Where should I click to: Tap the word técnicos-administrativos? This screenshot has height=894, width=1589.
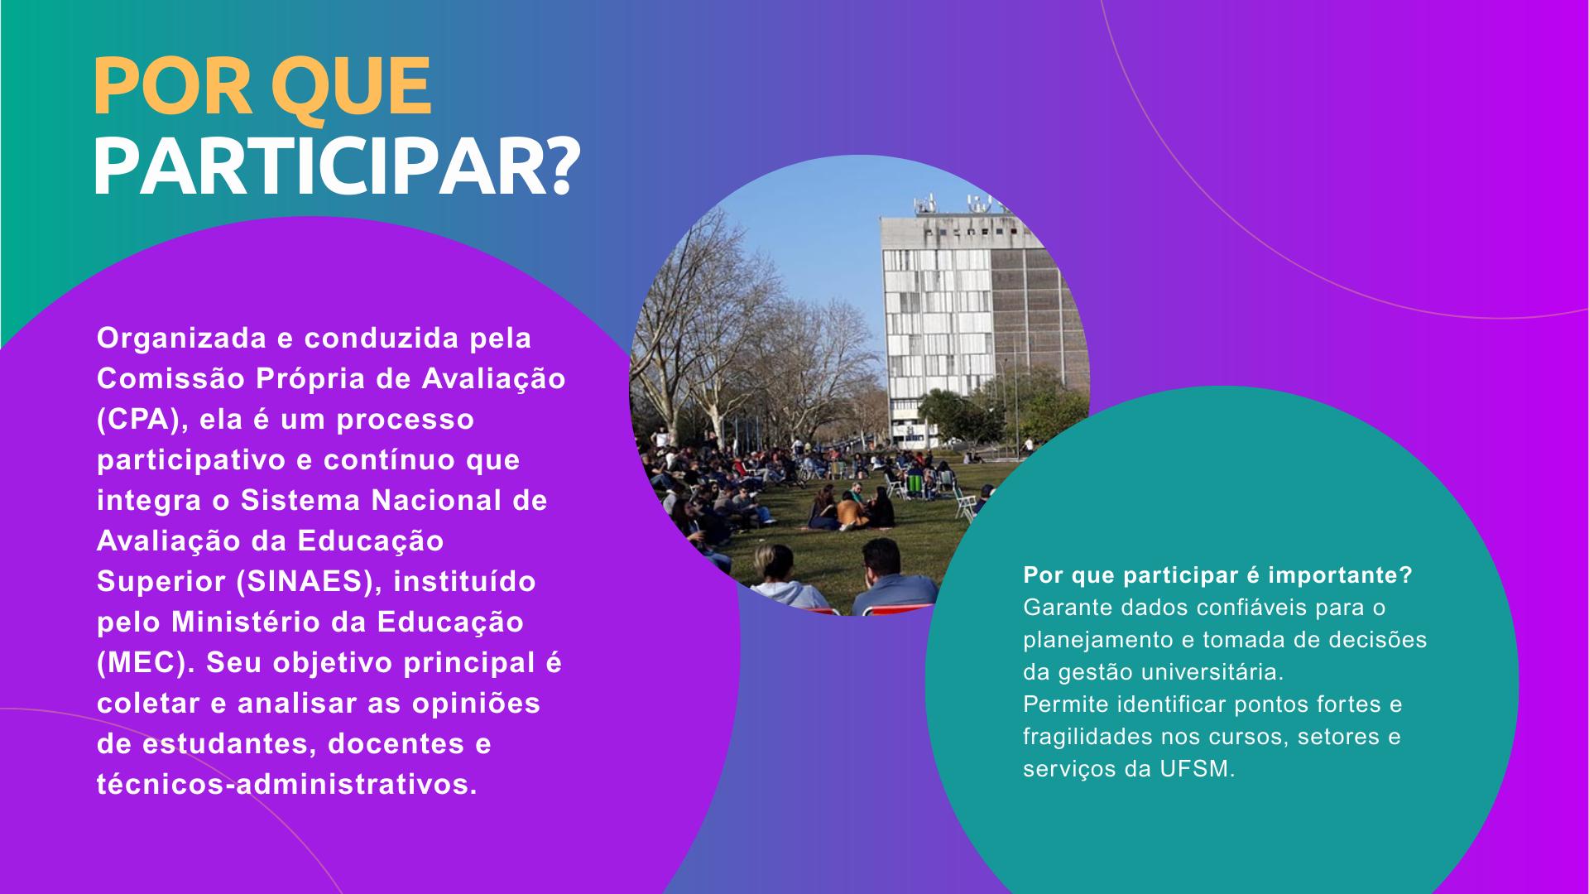click(287, 785)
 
